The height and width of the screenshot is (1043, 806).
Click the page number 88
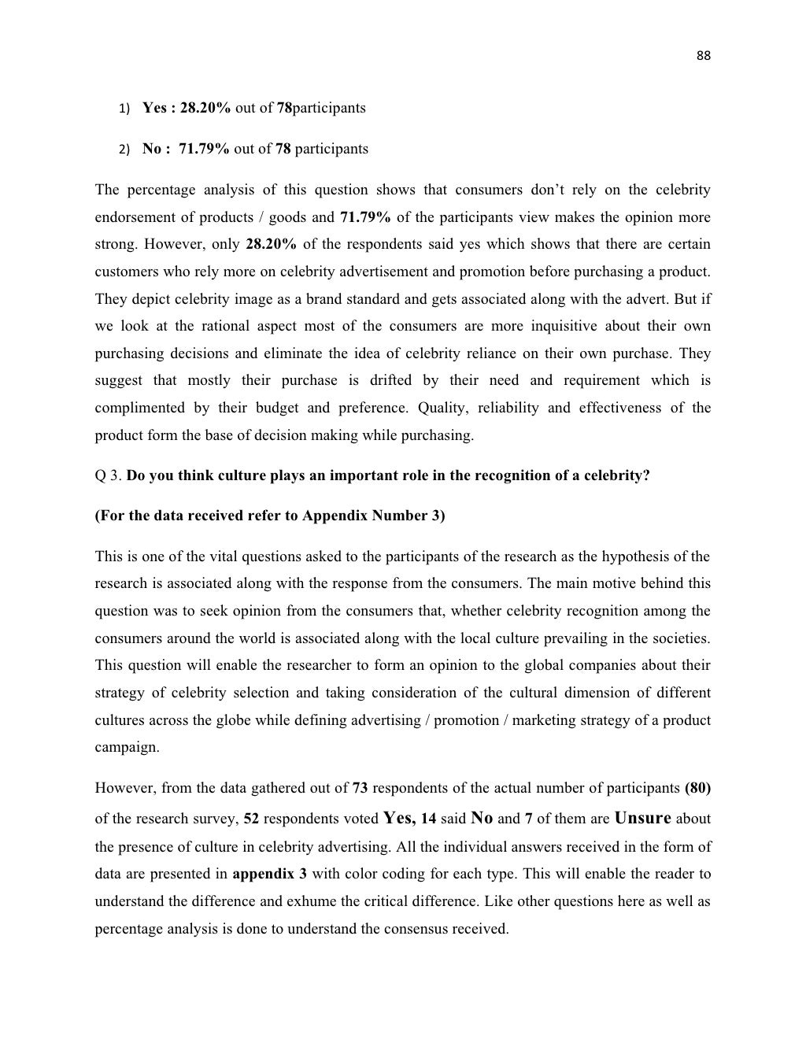pyautogui.click(x=704, y=55)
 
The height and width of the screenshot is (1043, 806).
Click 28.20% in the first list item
pyautogui.click(x=205, y=108)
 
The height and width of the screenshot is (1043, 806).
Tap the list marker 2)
pyautogui.click(x=124, y=149)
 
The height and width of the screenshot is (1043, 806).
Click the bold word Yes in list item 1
pyautogui.click(x=153, y=108)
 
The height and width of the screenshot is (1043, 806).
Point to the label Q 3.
pyautogui.click(x=108, y=475)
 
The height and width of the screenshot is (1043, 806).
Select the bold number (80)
pyautogui.click(x=697, y=788)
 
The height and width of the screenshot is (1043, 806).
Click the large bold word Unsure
pyautogui.click(x=642, y=818)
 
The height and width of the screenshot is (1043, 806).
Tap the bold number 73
pyautogui.click(x=360, y=788)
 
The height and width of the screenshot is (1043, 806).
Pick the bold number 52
pyautogui.click(x=251, y=819)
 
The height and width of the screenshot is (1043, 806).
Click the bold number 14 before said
pyautogui.click(x=428, y=819)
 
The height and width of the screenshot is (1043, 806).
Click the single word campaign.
pyautogui.click(x=126, y=748)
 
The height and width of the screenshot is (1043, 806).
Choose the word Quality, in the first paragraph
pyautogui.click(x=442, y=408)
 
